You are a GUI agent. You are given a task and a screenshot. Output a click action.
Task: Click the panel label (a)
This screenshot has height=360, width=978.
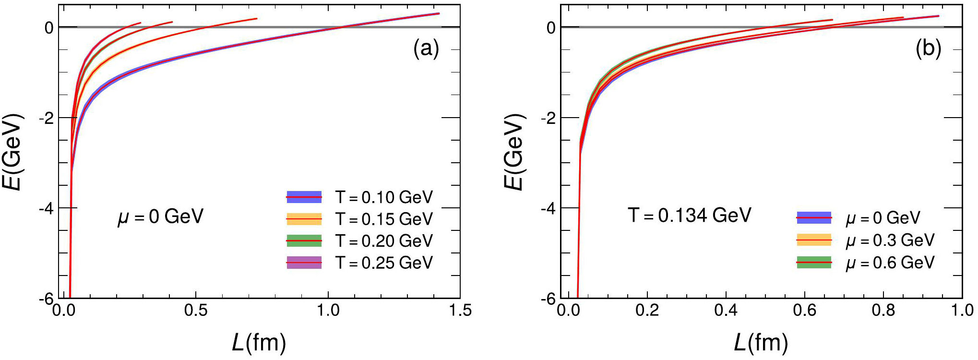point(426,48)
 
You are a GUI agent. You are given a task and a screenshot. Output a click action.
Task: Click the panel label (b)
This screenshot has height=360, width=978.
point(928,48)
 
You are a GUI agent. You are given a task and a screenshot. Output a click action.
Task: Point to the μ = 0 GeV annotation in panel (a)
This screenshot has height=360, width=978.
point(161,216)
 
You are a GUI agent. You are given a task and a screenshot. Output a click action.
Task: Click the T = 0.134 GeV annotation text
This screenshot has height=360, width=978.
point(689,215)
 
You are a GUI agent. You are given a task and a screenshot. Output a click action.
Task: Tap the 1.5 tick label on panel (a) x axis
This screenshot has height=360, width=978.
point(460,311)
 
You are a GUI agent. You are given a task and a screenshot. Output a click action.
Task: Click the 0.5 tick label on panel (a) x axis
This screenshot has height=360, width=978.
point(196,311)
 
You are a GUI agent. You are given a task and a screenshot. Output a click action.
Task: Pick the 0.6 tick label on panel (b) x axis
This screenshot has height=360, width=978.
point(805,311)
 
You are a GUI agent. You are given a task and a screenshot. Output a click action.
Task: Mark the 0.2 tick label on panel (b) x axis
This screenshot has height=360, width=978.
point(647,311)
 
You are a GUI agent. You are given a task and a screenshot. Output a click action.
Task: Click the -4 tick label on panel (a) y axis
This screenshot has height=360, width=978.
point(48,208)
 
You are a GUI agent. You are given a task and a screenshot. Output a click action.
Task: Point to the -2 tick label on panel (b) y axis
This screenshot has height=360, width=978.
point(550,118)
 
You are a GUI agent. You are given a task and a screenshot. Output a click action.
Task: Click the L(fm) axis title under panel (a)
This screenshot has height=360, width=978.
point(259,343)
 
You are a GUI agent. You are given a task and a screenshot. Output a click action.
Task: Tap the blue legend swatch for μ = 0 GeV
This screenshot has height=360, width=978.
point(814,218)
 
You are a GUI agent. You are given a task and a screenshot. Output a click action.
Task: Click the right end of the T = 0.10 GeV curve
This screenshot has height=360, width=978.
point(439,13)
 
